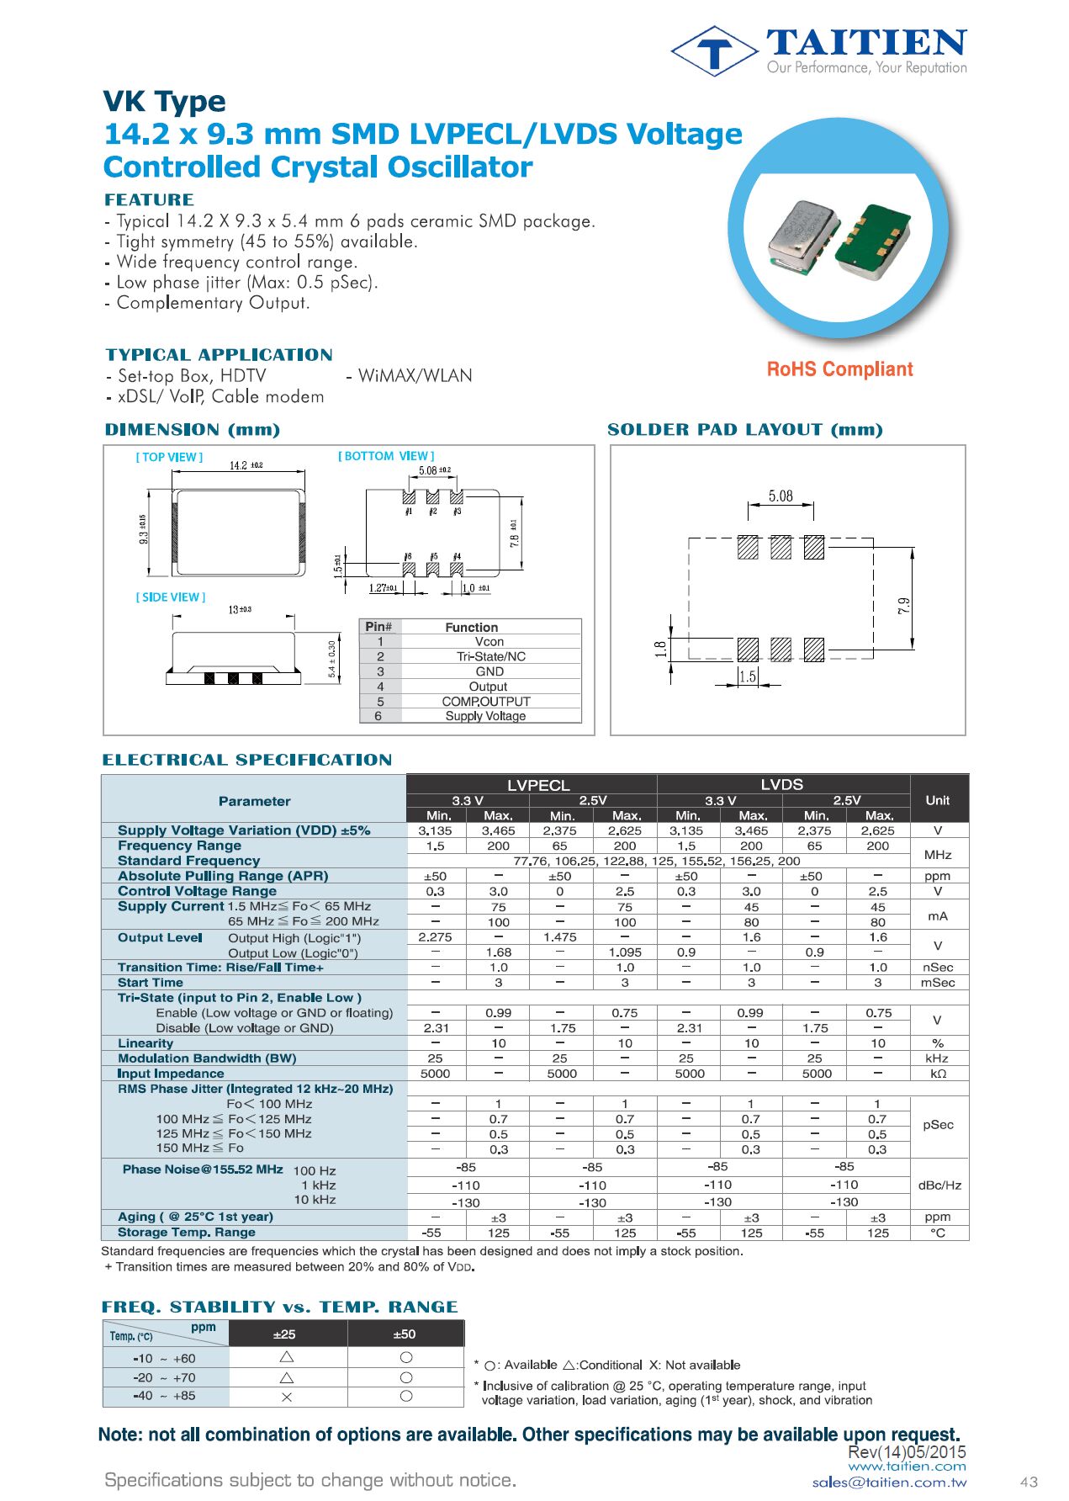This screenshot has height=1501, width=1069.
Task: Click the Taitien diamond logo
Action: pos(714,51)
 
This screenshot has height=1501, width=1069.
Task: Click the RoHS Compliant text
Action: pos(839,369)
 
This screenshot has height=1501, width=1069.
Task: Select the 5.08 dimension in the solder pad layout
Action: pos(780,496)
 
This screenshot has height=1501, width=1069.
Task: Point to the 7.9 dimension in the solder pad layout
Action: pos(903,606)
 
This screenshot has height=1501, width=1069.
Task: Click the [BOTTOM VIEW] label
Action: pos(386,456)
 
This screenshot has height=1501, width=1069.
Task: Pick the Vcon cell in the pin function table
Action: pos(489,642)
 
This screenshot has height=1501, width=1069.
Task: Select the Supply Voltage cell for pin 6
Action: pos(485,716)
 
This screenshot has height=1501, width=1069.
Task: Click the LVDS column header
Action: pos(781,784)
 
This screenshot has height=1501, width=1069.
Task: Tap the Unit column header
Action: pos(937,800)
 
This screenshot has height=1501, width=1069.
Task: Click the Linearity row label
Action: pos(146,1043)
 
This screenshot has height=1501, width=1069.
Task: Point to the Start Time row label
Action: pos(151,983)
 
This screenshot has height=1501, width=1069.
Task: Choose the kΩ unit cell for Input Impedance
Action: pos(938,1074)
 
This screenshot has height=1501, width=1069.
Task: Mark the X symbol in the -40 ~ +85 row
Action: pos(286,1397)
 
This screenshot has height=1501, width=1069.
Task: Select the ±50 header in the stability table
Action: pos(405,1334)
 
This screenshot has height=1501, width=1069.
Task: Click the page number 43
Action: pos(1028,1482)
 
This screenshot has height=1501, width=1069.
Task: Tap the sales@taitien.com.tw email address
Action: pos(889,1483)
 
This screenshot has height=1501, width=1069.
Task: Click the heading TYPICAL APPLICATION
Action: pos(219,355)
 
